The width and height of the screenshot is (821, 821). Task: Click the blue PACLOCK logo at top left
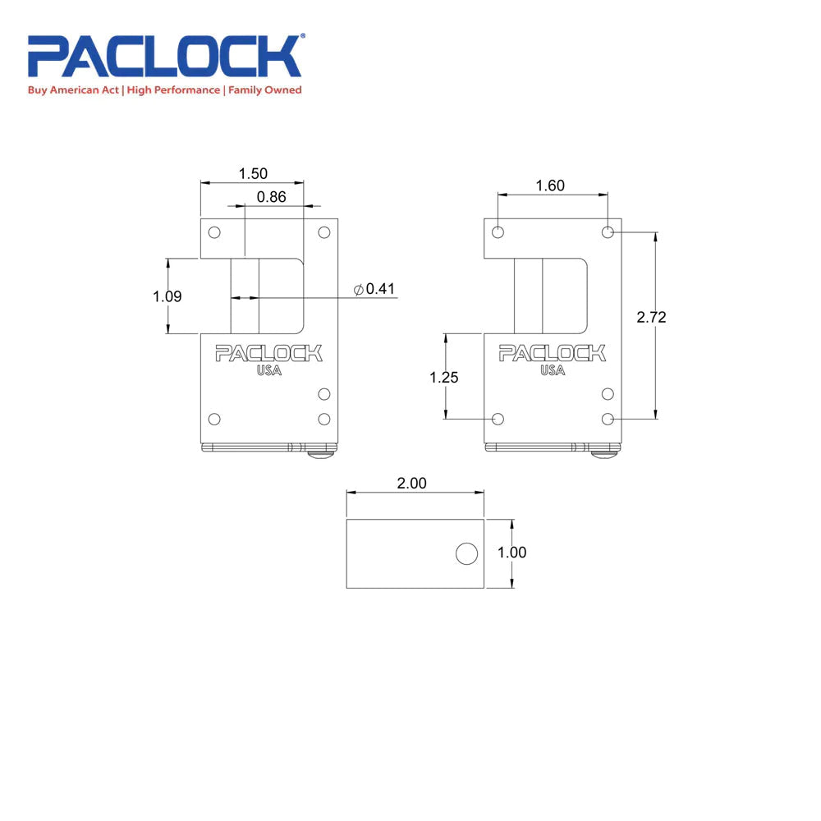pyautogui.click(x=165, y=56)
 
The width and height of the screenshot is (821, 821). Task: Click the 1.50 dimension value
pyautogui.click(x=253, y=174)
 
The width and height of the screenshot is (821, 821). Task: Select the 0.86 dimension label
pyautogui.click(x=272, y=197)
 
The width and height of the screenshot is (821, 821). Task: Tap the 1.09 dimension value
pyautogui.click(x=167, y=296)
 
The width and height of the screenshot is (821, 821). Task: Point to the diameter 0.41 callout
pyautogui.click(x=374, y=289)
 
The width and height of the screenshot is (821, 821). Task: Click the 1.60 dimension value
pyautogui.click(x=550, y=186)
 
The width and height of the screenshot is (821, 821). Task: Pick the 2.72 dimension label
pyautogui.click(x=651, y=318)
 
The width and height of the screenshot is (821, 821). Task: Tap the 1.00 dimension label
pyautogui.click(x=512, y=553)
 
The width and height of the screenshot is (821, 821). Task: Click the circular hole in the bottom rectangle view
pyautogui.click(x=466, y=554)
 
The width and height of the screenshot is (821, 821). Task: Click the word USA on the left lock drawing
pyautogui.click(x=268, y=371)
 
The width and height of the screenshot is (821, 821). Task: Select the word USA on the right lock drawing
pyautogui.click(x=553, y=371)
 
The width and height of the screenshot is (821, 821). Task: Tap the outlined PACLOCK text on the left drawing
pyautogui.click(x=268, y=354)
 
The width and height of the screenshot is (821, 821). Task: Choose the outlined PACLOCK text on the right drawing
pyautogui.click(x=553, y=354)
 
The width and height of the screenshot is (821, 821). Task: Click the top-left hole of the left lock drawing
pyautogui.click(x=214, y=232)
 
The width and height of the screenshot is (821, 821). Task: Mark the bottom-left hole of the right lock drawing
pyautogui.click(x=498, y=419)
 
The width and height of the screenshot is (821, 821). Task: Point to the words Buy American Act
pyautogui.click(x=74, y=90)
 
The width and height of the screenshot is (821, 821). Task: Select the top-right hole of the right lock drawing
pyautogui.click(x=608, y=232)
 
